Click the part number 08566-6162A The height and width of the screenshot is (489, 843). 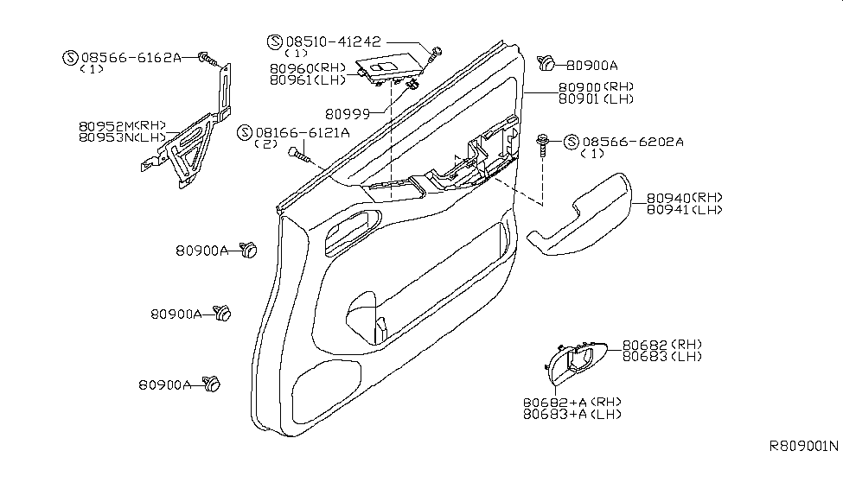pos(130,57)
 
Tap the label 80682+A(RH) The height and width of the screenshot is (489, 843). pos(572,403)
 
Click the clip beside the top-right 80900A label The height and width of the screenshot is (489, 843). pos(546,62)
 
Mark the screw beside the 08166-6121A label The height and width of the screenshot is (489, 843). pos(299,155)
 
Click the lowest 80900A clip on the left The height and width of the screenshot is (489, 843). pos(209,382)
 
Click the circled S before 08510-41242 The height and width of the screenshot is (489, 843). pos(275,41)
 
